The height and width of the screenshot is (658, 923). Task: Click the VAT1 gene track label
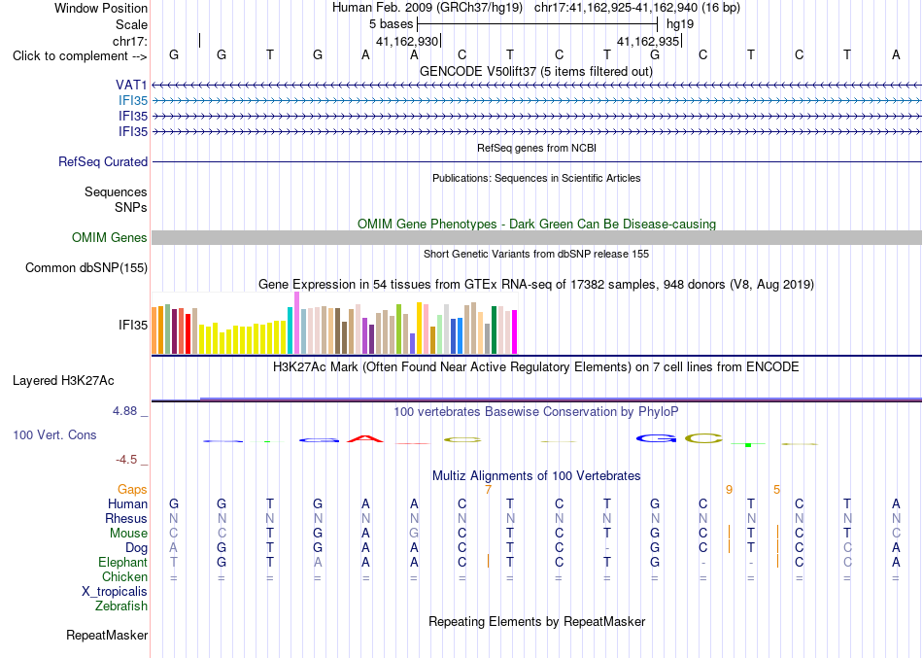click(x=131, y=86)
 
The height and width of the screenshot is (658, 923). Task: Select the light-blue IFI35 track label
click(x=133, y=101)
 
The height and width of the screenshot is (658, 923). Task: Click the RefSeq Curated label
click(x=103, y=162)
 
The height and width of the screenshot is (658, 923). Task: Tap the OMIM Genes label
click(x=110, y=237)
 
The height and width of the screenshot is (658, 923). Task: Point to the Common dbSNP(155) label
click(x=86, y=268)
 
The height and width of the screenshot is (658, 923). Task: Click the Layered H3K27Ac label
click(x=63, y=381)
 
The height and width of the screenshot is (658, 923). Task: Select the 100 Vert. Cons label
click(x=54, y=435)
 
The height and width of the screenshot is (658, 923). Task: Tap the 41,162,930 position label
click(x=407, y=41)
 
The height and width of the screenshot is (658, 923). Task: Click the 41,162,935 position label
click(x=648, y=41)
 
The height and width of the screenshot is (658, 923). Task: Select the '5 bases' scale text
click(x=392, y=24)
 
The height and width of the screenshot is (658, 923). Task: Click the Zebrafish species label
click(x=121, y=606)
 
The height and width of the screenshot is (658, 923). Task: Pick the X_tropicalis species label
click(x=115, y=592)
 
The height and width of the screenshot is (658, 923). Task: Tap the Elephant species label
click(x=123, y=563)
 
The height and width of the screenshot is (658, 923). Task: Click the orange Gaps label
click(x=132, y=490)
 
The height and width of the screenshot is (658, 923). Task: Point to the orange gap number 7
click(x=488, y=490)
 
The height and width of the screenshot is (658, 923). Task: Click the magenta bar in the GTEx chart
click(x=515, y=332)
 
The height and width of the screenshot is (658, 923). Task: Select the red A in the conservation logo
click(x=365, y=439)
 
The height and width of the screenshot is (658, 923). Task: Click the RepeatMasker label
click(x=107, y=636)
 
